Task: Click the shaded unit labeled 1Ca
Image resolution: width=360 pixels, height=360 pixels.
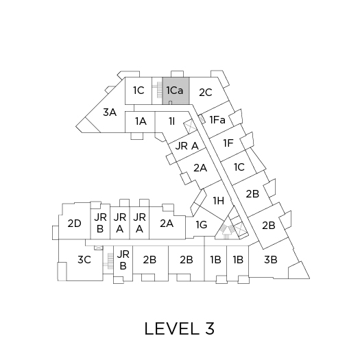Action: tap(176, 91)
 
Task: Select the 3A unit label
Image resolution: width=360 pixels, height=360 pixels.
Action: tap(110, 112)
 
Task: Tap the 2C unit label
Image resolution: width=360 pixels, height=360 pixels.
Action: tap(206, 93)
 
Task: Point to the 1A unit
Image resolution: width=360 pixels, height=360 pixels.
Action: tap(140, 122)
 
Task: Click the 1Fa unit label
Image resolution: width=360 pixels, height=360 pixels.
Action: tap(217, 119)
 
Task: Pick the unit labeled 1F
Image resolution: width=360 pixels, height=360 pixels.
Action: tap(228, 143)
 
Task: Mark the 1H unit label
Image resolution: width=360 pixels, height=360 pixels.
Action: tap(219, 201)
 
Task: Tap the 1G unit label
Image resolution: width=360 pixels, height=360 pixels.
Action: tap(202, 225)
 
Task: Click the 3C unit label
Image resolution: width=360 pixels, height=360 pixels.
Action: tap(84, 260)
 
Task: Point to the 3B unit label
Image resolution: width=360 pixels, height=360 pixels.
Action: tap(271, 260)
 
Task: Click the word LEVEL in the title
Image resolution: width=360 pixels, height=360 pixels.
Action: tap(171, 328)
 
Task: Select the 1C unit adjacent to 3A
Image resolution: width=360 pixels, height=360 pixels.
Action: tap(139, 91)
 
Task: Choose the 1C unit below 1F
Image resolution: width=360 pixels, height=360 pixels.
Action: tap(239, 167)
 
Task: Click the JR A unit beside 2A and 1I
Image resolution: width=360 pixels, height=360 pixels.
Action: tap(187, 146)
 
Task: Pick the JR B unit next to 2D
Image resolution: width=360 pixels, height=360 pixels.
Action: tap(100, 223)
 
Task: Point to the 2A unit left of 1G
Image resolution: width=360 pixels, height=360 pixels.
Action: tap(167, 223)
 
